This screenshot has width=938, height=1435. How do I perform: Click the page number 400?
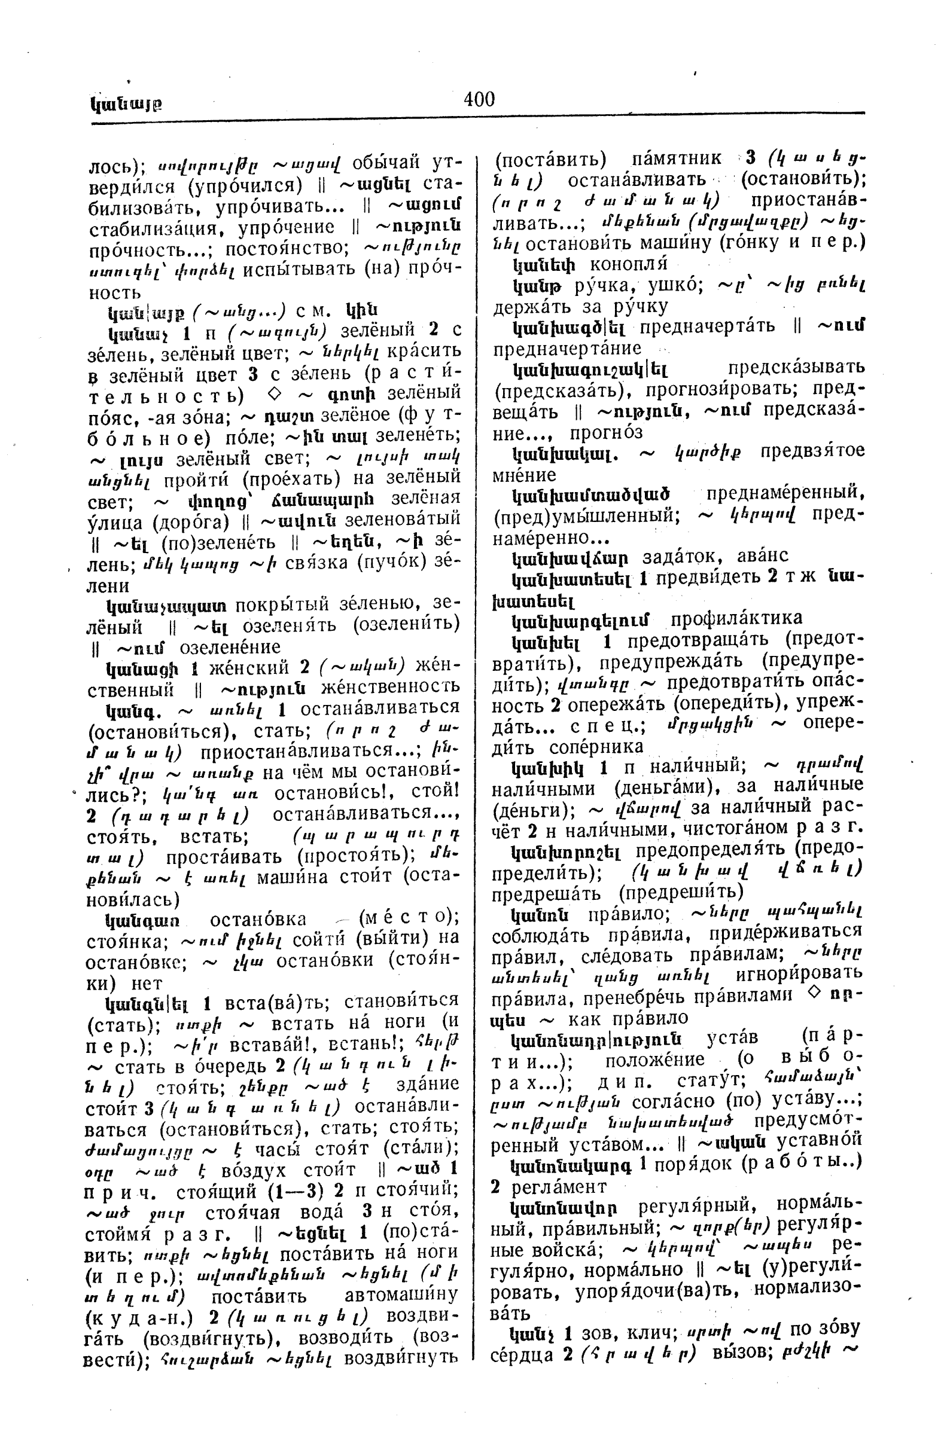[x=479, y=99]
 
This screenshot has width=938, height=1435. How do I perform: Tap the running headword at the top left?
[x=126, y=104]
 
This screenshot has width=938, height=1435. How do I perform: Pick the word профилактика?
[x=736, y=618]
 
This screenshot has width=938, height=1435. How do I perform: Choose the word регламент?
[x=559, y=1186]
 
